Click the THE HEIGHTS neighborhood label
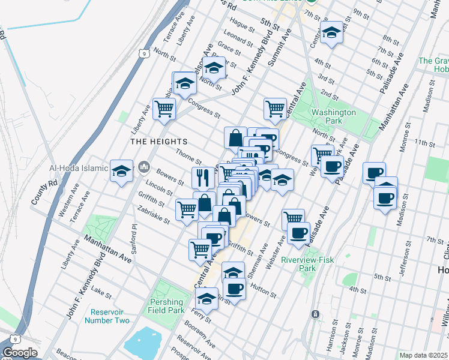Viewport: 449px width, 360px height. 159,142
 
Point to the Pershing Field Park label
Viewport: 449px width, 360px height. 166,306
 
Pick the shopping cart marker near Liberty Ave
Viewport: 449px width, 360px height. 164,109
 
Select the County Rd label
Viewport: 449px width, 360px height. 40,191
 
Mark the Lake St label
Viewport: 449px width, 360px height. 101,294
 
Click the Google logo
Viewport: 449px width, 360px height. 20,353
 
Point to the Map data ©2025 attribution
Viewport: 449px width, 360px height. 423,355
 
